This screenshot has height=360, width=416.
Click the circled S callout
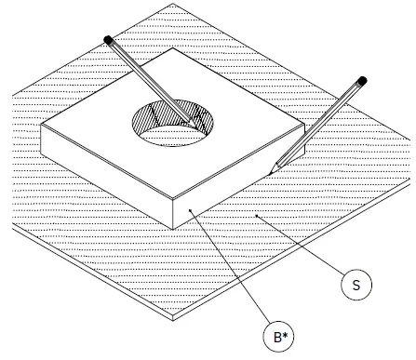(x=356, y=285)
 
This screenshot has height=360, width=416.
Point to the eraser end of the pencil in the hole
(x=110, y=40)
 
